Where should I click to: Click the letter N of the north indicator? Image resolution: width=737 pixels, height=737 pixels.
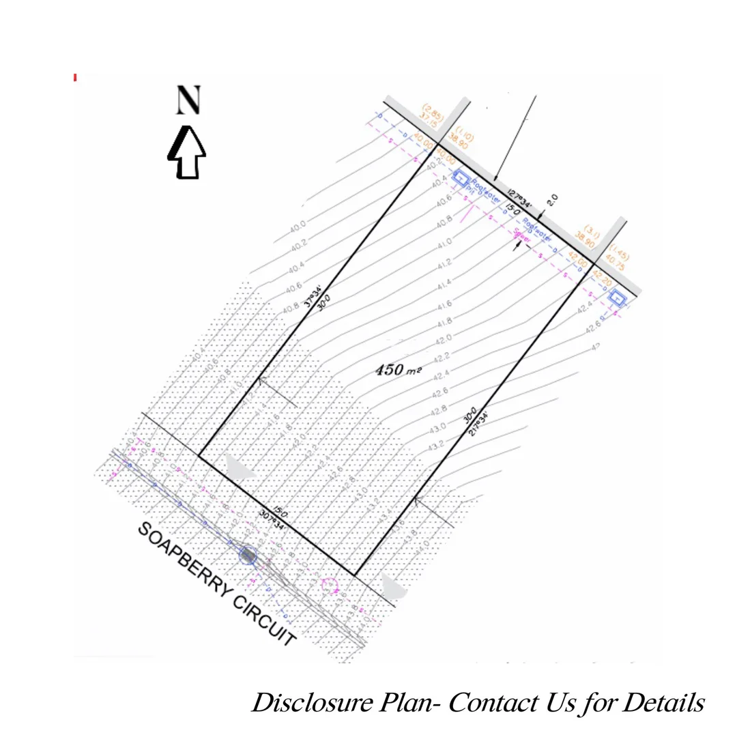point(188,100)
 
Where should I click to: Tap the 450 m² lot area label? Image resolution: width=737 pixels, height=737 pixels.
point(399,370)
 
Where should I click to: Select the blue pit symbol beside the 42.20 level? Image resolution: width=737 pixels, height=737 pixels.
point(618,298)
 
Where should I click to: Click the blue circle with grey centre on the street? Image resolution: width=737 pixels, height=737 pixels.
point(248,555)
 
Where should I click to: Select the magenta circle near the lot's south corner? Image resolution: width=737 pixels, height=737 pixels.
point(330,586)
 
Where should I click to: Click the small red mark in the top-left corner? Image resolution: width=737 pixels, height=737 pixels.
point(75,78)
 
